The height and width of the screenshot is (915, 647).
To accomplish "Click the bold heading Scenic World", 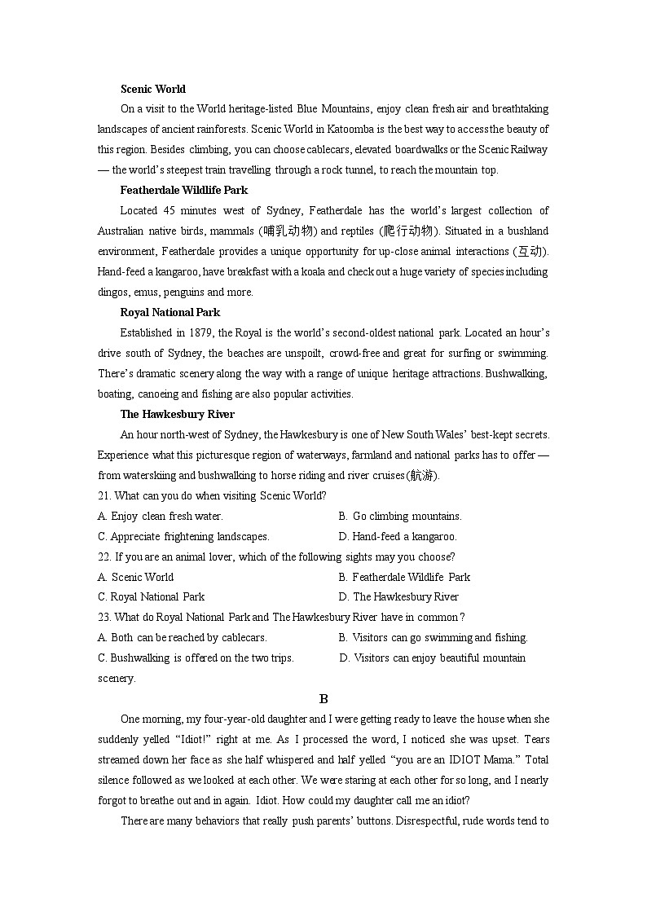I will [x=152, y=89].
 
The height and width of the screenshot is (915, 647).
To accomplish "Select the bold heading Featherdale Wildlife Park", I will [x=183, y=190].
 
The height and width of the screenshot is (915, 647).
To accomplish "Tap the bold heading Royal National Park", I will [x=169, y=312].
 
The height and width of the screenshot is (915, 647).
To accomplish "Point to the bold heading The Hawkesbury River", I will [x=177, y=414].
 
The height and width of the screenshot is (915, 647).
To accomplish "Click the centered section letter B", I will [x=323, y=698].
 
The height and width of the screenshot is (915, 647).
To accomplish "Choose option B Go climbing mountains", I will [x=400, y=516].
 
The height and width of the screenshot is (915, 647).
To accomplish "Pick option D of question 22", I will [x=398, y=597].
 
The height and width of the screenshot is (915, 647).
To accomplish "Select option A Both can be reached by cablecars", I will [x=182, y=638].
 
